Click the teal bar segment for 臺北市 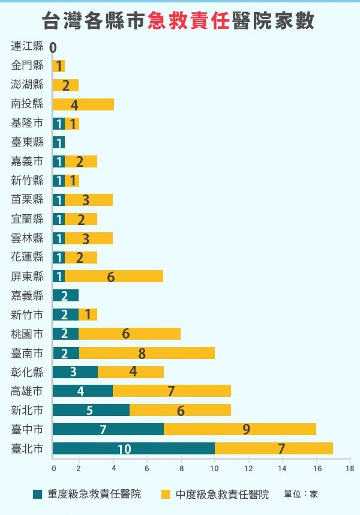click(133, 448)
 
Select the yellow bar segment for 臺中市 click(240, 429)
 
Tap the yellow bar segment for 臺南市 click(147, 353)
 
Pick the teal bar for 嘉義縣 click(65, 295)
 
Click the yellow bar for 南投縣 click(83, 105)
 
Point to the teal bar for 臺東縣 click(58, 143)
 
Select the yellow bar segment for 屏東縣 click(114, 277)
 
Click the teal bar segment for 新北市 click(91, 410)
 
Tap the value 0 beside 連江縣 click(53, 47)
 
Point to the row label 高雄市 click(28, 391)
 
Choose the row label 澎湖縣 click(28, 85)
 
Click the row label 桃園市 click(28, 334)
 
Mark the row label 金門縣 click(28, 65)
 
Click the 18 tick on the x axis click(349, 468)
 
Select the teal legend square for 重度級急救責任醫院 click(38, 494)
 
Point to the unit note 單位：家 click(301, 494)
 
